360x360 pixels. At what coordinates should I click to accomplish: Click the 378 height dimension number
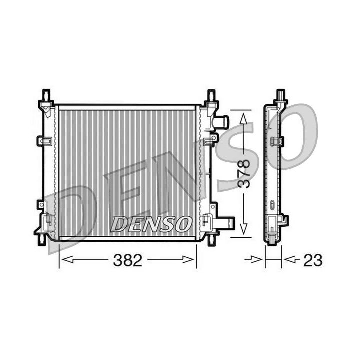pos(243,173)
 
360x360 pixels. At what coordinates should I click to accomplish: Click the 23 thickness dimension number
pos(313,260)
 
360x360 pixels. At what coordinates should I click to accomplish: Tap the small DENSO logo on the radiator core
pos(151,223)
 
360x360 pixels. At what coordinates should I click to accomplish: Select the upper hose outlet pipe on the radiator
pos(221,122)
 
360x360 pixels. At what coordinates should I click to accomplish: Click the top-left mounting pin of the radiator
pos(46,95)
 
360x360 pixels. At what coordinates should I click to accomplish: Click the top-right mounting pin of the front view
pos(211,95)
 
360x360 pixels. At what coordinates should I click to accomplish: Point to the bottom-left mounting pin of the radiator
pos(42,239)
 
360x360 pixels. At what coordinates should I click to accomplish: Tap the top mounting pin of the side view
pos(281,94)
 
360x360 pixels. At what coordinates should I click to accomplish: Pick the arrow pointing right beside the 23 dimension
pos(257,260)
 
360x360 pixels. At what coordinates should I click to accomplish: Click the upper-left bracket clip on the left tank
pos(45,141)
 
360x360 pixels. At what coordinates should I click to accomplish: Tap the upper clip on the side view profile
pos(276,141)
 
